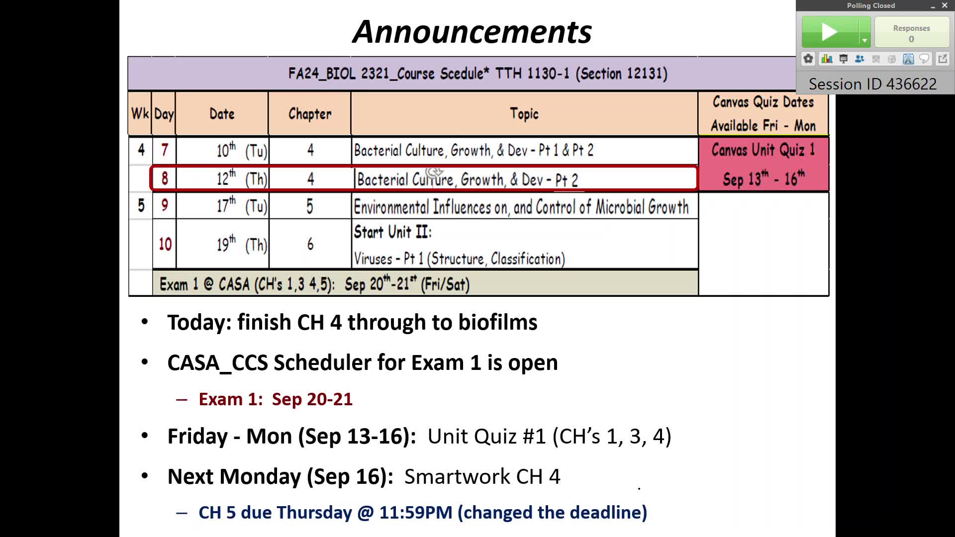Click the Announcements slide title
point(472,32)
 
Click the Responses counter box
point(911,32)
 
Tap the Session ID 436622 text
point(872,84)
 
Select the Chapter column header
point(309,114)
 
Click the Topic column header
point(524,114)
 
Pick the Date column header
point(222,114)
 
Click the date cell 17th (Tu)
point(242,205)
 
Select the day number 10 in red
point(165,244)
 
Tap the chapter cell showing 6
point(310,244)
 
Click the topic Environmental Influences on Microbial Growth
point(521,207)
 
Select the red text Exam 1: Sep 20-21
point(276,399)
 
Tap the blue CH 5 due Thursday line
point(423,513)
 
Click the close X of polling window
point(945,5)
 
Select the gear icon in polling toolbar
point(808,59)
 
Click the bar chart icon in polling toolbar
point(827,59)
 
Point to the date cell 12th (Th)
point(242,178)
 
